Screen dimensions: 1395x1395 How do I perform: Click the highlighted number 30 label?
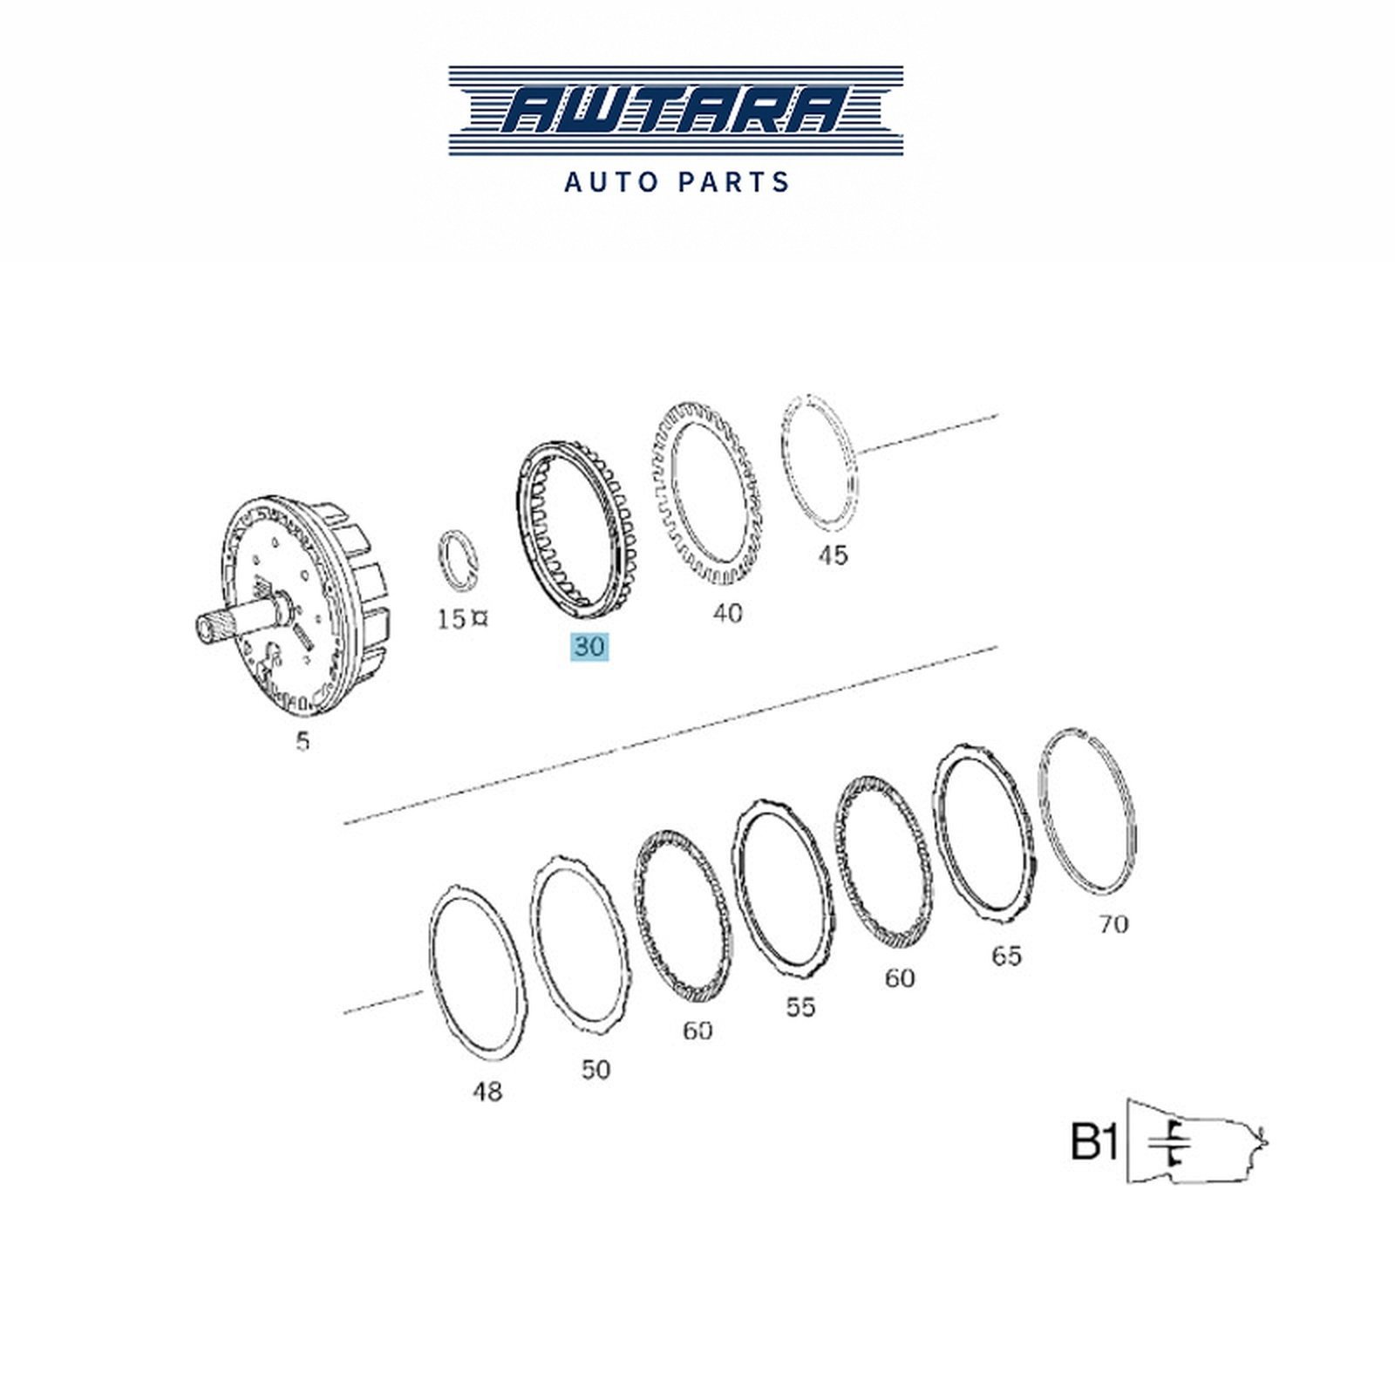point(589,647)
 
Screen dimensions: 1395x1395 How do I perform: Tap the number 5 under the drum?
point(303,741)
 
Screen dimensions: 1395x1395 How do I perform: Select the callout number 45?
point(833,555)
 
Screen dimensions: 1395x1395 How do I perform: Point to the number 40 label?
point(727,614)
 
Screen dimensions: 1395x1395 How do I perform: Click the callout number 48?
point(487,1091)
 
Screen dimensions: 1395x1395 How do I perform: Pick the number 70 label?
point(1113,923)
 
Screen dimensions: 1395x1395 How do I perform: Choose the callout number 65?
point(1005,956)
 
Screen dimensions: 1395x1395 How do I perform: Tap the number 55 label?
point(800,1007)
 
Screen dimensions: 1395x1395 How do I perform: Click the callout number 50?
point(595,1069)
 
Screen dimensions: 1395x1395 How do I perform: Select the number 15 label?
point(452,619)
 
